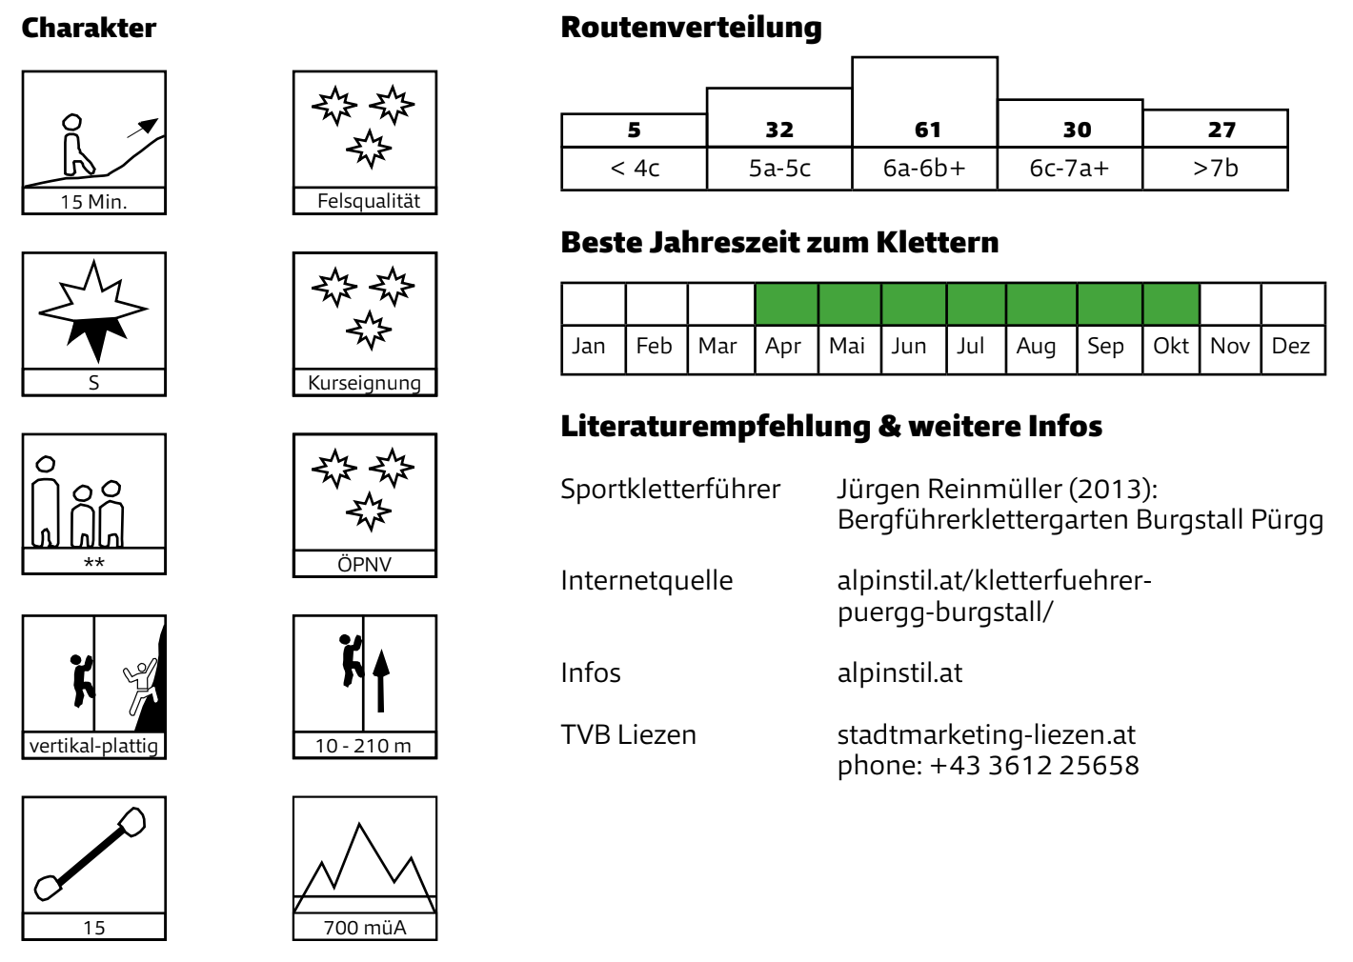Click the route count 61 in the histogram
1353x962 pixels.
[927, 130]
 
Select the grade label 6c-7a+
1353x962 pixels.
[1069, 168]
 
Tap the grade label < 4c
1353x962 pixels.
[635, 168]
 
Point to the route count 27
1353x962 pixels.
[1222, 130]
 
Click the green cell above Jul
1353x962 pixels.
[976, 305]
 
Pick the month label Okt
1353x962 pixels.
[1171, 346]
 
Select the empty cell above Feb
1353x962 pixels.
[656, 305]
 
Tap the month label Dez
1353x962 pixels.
[1291, 346]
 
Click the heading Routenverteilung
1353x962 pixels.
[691, 28]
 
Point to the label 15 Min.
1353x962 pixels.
[93, 202]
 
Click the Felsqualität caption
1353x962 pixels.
[369, 201]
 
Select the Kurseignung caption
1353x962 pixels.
[364, 383]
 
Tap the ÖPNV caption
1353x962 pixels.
[364, 564]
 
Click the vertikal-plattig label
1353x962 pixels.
[93, 746]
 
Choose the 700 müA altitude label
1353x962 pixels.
[364, 927]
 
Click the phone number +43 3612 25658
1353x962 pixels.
[1034, 765]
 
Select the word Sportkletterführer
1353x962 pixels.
[671, 490]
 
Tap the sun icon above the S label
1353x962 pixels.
[93, 311]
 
